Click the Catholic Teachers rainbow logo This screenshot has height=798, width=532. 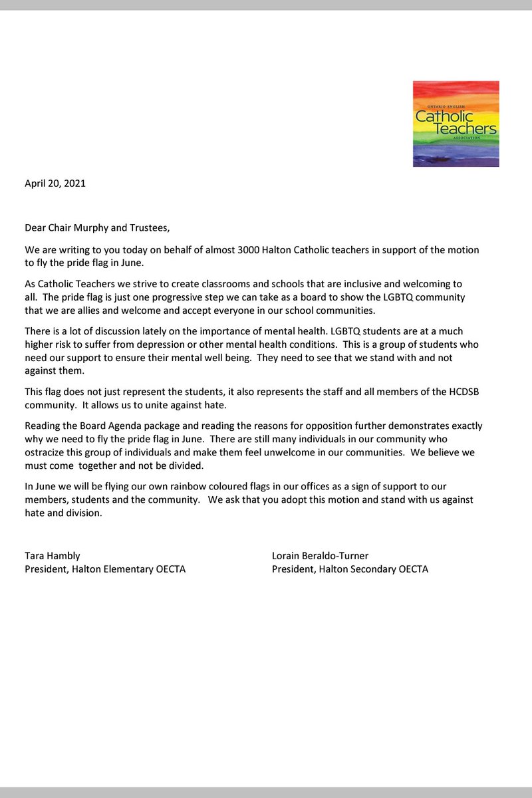coord(456,124)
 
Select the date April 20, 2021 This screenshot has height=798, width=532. coord(55,184)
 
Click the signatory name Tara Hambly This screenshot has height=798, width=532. coord(53,555)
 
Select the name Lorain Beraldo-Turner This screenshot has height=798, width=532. coord(321,555)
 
